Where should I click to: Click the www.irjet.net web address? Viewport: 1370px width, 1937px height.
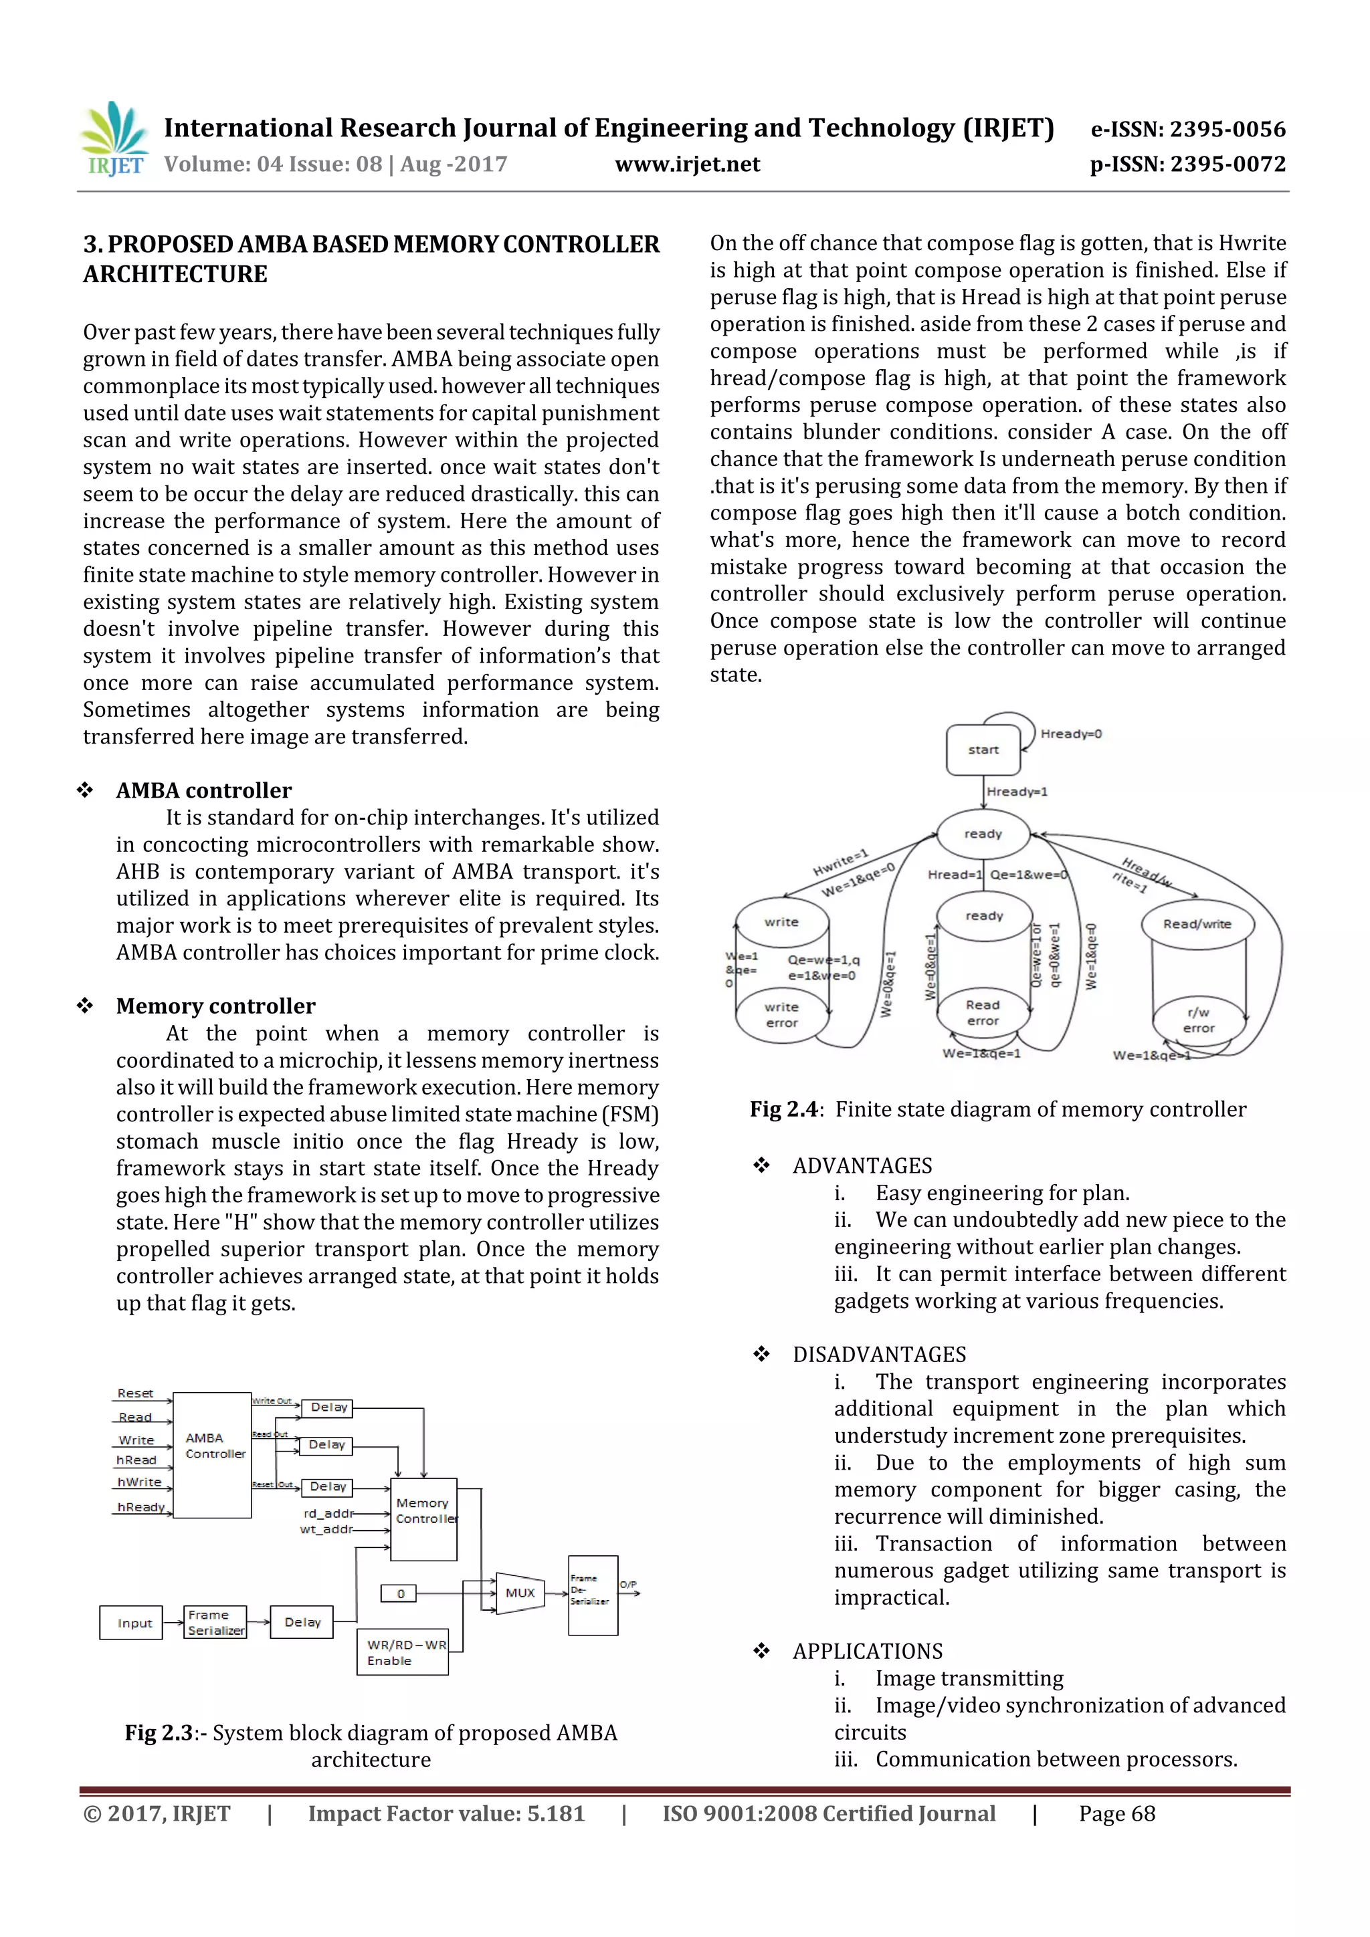687,164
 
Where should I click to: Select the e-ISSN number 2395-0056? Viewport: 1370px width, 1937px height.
1187,129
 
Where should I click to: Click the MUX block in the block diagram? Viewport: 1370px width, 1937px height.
520,1593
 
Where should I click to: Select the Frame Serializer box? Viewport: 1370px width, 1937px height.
215,1622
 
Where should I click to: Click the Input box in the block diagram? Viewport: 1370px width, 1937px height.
132,1622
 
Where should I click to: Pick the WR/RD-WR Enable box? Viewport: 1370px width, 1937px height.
403,1652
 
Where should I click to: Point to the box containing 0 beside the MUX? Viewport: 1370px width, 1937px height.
400,1593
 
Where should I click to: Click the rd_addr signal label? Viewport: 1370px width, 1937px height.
328,1512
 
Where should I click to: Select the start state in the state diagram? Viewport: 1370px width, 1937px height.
983,749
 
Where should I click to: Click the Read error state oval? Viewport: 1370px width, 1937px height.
983,1012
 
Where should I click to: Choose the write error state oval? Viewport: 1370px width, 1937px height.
781,1015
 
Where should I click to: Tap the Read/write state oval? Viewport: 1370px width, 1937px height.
1196,924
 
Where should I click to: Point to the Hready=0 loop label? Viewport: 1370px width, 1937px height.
1070,734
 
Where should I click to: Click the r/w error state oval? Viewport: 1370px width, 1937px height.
1198,1020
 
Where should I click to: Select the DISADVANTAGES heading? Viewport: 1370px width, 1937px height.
879,1354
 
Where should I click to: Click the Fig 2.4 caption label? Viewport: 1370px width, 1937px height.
783,1109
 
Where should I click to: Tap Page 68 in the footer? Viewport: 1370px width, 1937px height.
1116,1813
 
